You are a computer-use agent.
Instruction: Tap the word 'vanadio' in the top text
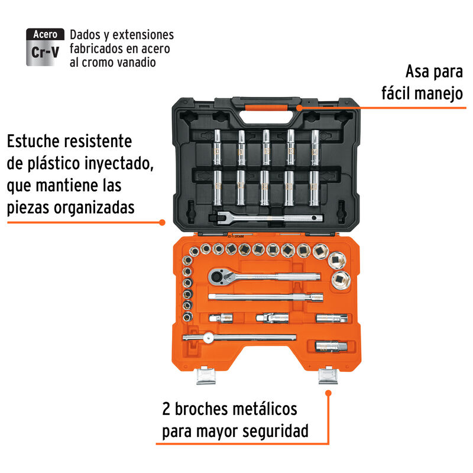coord(133,62)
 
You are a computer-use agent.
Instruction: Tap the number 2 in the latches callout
coord(167,409)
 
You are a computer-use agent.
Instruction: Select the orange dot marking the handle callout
coord(300,108)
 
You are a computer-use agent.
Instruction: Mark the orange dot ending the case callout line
coord(163,222)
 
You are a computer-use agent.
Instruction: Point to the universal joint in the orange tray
coord(272,318)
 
